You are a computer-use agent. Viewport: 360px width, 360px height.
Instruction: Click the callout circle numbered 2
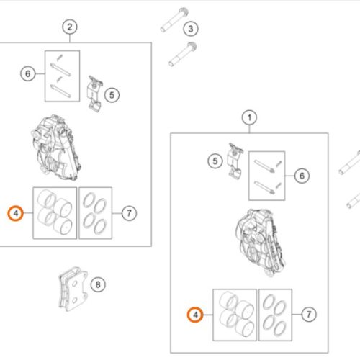pyautogui.click(x=70, y=27)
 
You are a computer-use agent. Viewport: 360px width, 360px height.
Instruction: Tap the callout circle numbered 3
pyautogui.click(x=191, y=29)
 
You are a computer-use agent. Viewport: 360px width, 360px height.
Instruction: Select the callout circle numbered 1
pyautogui.click(x=249, y=117)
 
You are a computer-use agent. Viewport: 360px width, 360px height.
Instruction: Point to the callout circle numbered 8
pyautogui.click(x=98, y=284)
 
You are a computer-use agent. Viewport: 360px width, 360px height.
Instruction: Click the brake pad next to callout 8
pyautogui.click(x=73, y=289)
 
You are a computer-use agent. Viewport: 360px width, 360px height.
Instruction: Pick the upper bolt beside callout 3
pyautogui.click(x=174, y=19)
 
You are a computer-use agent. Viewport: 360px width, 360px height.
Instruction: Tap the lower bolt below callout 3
pyautogui.click(x=183, y=54)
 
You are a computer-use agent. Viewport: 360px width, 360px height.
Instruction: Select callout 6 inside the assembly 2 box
pyautogui.click(x=28, y=73)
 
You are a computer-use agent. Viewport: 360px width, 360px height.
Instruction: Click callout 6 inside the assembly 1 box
pyautogui.click(x=302, y=176)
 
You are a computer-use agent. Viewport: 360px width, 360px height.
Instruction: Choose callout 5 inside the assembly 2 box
pyautogui.click(x=112, y=95)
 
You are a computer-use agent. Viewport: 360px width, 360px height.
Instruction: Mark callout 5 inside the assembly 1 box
pyautogui.click(x=215, y=161)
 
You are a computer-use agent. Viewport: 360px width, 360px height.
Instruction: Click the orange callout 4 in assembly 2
pyautogui.click(x=16, y=213)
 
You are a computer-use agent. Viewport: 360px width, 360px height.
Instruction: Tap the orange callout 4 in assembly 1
pyautogui.click(x=195, y=315)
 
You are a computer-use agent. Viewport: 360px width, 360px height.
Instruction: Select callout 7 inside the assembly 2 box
pyautogui.click(x=129, y=213)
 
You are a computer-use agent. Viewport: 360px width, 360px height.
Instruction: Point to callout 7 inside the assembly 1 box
pyautogui.click(x=309, y=314)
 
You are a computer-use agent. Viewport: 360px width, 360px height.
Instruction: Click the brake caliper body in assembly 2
pyautogui.click(x=56, y=148)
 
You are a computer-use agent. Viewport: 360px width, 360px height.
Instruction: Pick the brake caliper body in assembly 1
pyautogui.click(x=261, y=243)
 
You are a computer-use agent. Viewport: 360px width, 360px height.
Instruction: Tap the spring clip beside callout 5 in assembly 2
pyautogui.click(x=94, y=94)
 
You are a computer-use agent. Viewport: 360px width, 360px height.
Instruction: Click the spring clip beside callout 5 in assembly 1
pyautogui.click(x=235, y=161)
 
